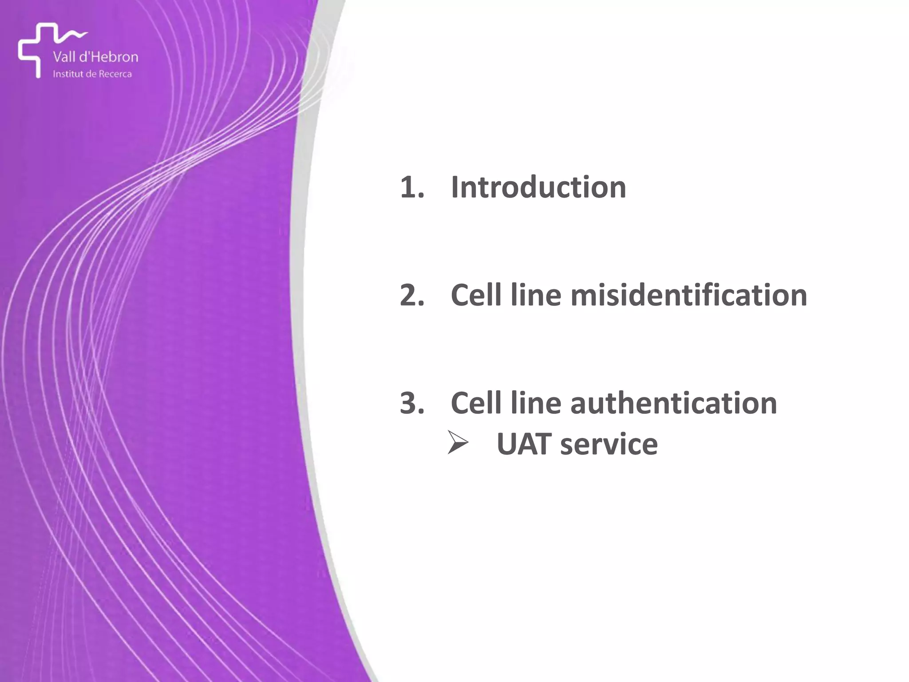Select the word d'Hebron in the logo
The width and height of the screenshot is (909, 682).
[111, 57]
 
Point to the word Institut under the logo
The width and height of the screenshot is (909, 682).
[68, 74]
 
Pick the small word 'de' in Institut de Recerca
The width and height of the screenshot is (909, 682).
[91, 74]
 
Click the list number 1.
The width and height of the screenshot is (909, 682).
[412, 188]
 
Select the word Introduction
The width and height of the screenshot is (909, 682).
[538, 187]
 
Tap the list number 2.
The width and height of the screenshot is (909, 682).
[412, 296]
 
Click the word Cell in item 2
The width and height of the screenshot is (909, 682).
[476, 295]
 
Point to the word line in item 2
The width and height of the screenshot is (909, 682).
[536, 295]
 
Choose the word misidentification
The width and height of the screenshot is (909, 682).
[688, 295]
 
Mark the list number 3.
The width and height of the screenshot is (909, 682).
[412, 404]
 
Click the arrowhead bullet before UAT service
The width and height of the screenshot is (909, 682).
[458, 443]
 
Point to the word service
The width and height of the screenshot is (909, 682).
[609, 444]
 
